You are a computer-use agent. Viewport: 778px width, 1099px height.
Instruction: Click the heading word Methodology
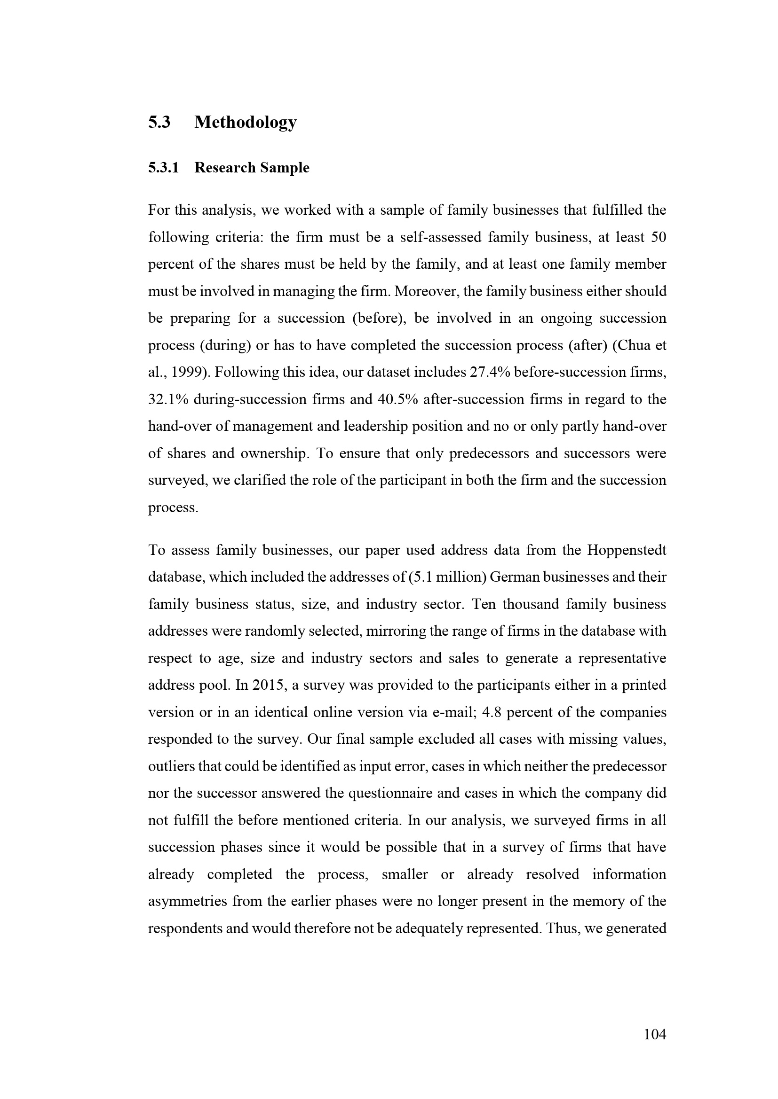245,123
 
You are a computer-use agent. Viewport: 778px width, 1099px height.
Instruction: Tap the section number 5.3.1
163,168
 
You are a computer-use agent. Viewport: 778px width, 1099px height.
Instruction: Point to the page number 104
655,1035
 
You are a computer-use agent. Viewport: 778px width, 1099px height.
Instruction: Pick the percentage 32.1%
168,399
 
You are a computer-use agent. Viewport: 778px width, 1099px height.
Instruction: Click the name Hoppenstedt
626,551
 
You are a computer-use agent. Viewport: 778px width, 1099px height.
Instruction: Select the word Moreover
427,291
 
